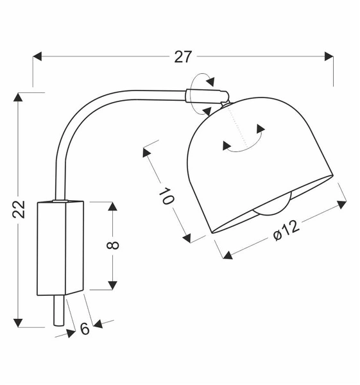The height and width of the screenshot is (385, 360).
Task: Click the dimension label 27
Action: coord(183,56)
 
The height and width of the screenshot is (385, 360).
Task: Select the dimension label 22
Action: coord(20,209)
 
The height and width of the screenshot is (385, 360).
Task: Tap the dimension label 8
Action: coord(115,244)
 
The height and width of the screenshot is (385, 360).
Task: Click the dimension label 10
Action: coord(166,196)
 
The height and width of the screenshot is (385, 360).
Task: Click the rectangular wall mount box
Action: coord(60,248)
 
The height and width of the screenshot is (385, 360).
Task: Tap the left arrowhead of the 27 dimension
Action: coord(37,56)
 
